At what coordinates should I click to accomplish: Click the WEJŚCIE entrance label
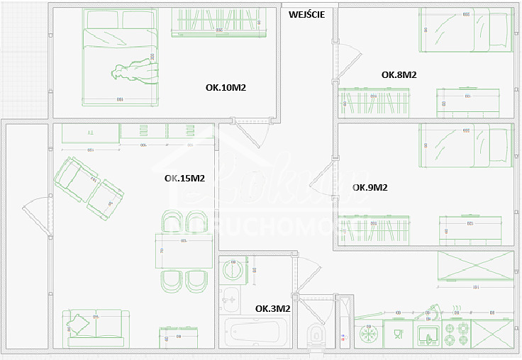pyautogui.click(x=306, y=13)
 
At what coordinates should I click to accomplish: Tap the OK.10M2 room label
pyautogui.click(x=225, y=88)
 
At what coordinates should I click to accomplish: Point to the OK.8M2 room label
pyautogui.click(x=399, y=74)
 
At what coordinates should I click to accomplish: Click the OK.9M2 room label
pyautogui.click(x=370, y=188)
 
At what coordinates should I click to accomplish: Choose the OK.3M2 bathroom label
pyautogui.click(x=273, y=308)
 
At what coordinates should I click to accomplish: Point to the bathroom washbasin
pyautogui.click(x=231, y=300)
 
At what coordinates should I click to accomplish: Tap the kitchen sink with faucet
pyautogui.click(x=428, y=332)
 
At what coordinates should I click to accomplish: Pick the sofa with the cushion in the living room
pyautogui.click(x=96, y=330)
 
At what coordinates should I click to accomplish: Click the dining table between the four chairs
pyautogui.click(x=184, y=251)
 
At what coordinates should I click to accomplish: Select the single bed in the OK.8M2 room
pyautogui.click(x=464, y=30)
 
